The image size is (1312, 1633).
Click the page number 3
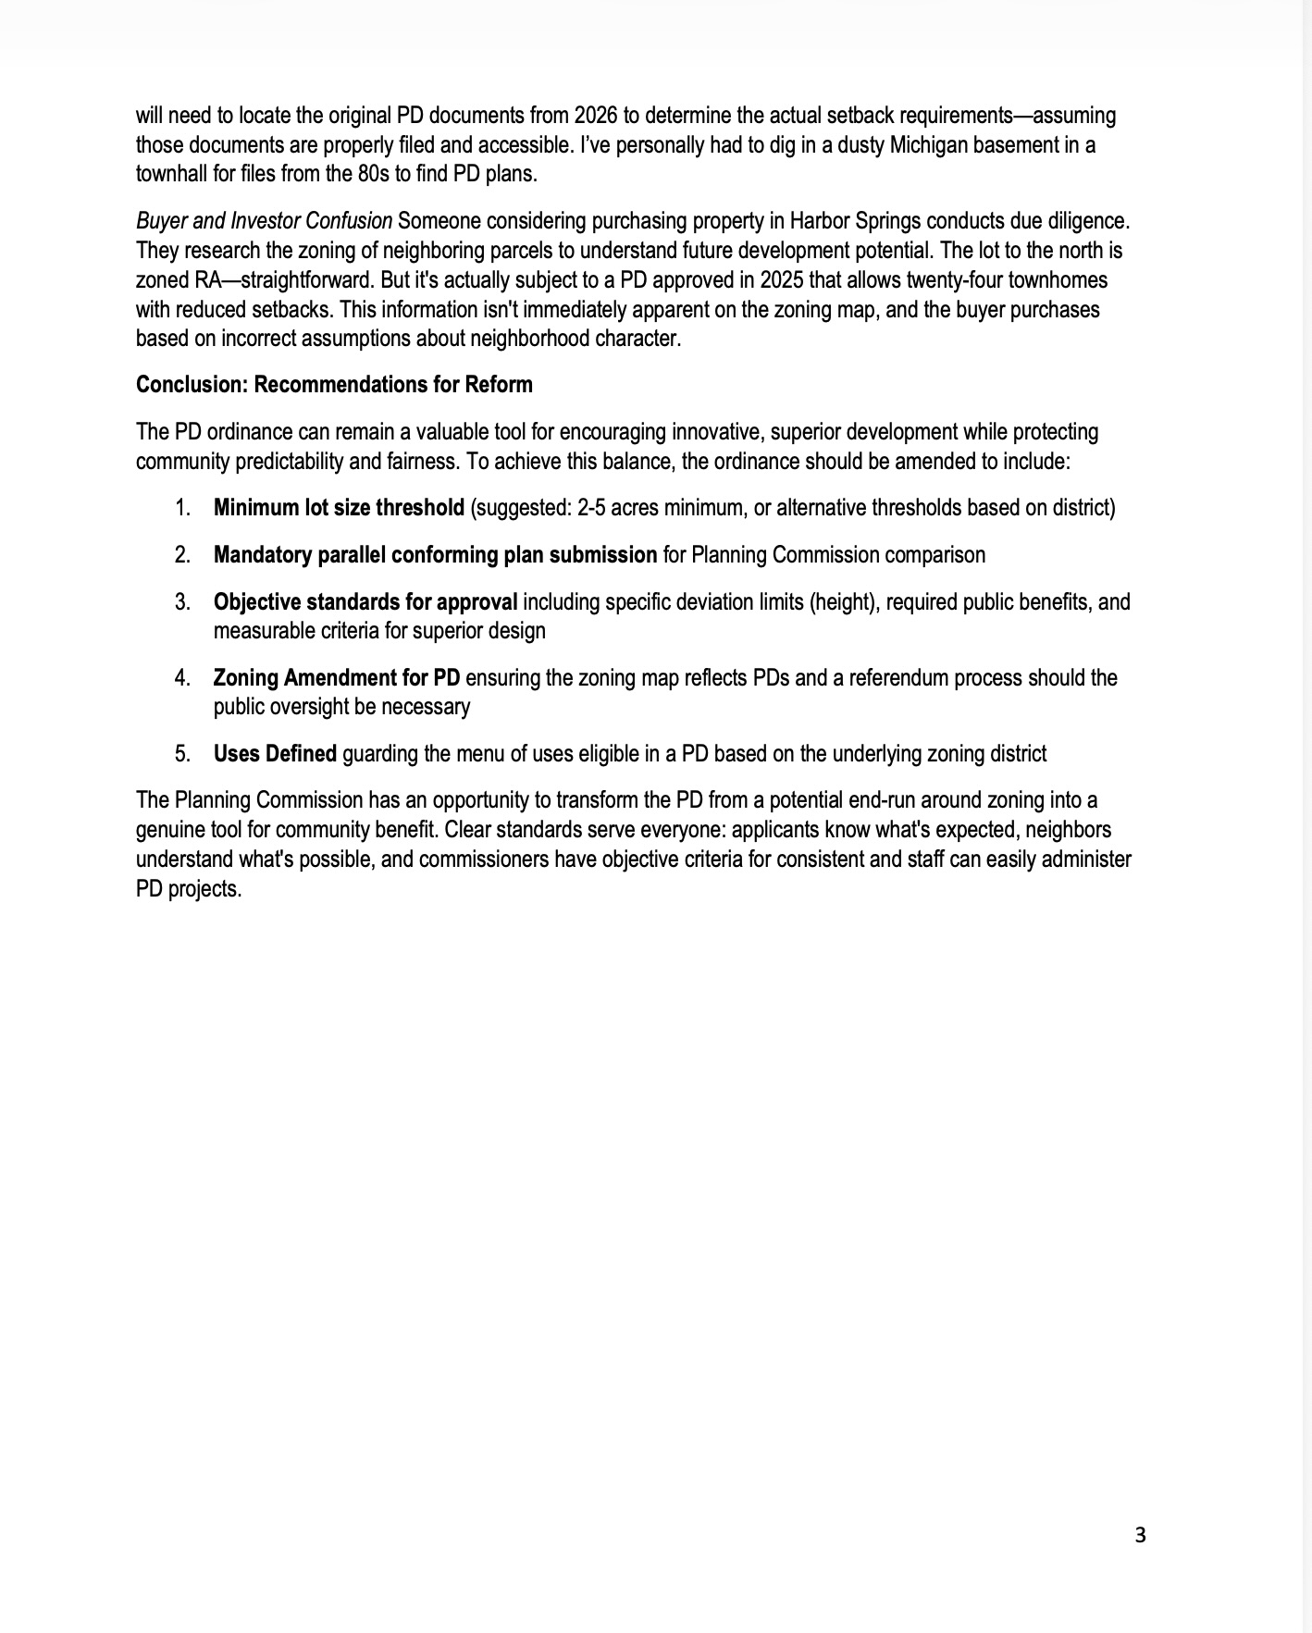pos(1140,1535)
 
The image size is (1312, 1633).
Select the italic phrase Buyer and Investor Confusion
pos(264,221)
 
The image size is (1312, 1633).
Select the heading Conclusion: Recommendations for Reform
pos(334,384)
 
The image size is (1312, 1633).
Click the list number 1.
pos(182,507)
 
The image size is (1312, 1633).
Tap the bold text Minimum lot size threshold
pos(339,507)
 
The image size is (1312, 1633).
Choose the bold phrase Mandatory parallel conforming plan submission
pos(435,554)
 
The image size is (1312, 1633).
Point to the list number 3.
pos(182,601)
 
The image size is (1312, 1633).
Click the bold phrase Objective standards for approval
pos(365,601)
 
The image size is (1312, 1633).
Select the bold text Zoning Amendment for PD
pos(336,677)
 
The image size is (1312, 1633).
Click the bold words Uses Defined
pos(275,753)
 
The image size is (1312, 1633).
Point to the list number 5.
pos(182,753)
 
